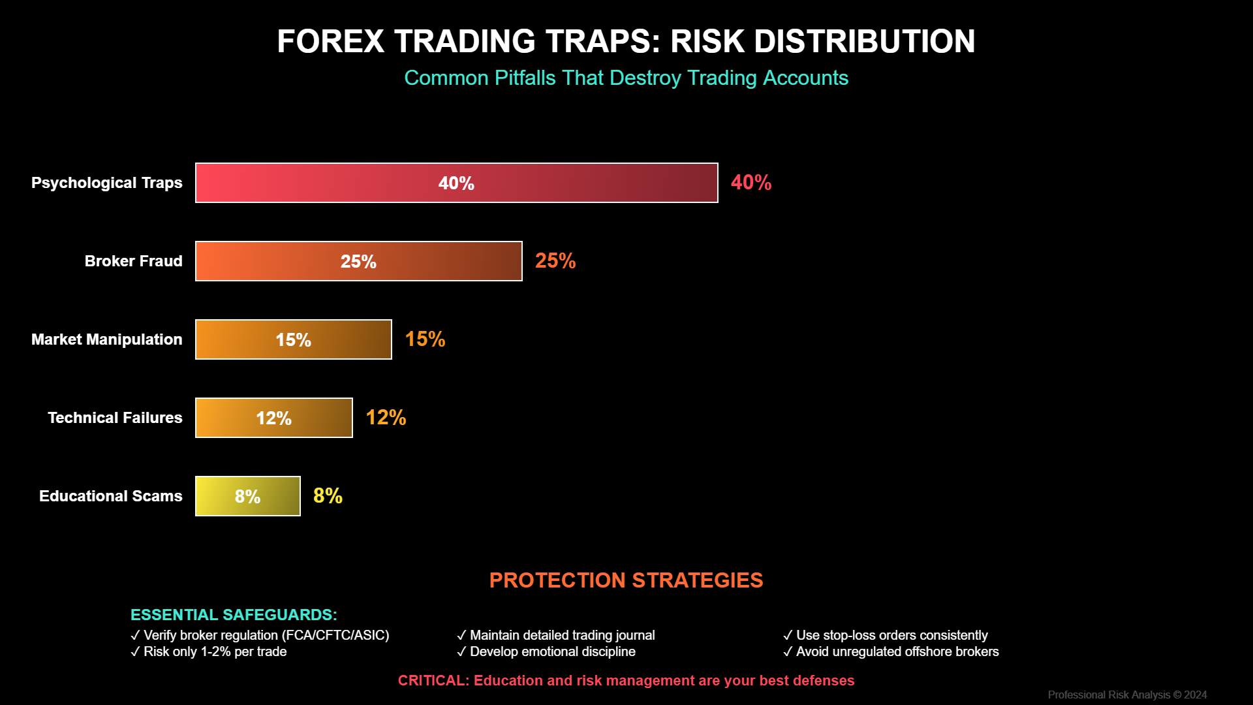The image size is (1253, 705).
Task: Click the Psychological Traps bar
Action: tap(457, 183)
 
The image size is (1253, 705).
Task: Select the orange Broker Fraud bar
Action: tap(359, 261)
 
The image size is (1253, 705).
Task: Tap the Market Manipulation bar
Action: tap(294, 339)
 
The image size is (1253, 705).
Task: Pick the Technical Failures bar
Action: tap(274, 418)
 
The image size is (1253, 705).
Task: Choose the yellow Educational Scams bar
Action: tap(248, 496)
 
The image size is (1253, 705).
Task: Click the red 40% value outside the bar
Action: tap(751, 183)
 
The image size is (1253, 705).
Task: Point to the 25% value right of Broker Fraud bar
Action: tap(555, 261)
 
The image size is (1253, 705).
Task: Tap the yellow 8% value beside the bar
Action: tap(328, 496)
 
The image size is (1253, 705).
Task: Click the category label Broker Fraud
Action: tap(133, 261)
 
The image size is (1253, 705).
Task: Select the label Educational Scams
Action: tap(110, 496)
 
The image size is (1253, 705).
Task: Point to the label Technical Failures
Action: tap(115, 418)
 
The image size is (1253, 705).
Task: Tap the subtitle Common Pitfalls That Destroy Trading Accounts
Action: tap(626, 78)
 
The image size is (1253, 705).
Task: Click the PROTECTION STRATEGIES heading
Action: tap(626, 580)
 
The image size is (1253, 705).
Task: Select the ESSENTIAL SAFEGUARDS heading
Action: tap(234, 615)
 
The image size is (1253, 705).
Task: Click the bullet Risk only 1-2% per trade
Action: tap(209, 651)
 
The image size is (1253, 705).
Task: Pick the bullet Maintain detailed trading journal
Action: tap(556, 635)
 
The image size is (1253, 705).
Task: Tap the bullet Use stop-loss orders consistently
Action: tap(886, 635)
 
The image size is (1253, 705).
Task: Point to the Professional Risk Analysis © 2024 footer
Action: tap(1127, 695)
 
